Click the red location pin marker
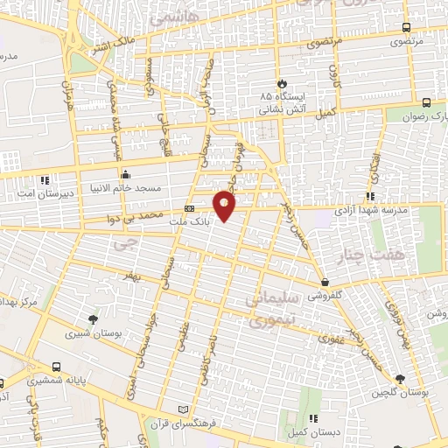tap(225, 206)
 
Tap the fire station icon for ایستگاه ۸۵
tap(281, 84)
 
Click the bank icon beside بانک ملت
tap(190, 209)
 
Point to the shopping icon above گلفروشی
tap(325, 283)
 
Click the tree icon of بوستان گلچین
tap(400, 379)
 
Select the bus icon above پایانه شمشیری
tap(57, 367)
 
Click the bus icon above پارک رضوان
tap(426, 101)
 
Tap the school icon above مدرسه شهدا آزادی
tap(371, 197)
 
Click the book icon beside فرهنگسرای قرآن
tap(182, 409)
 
